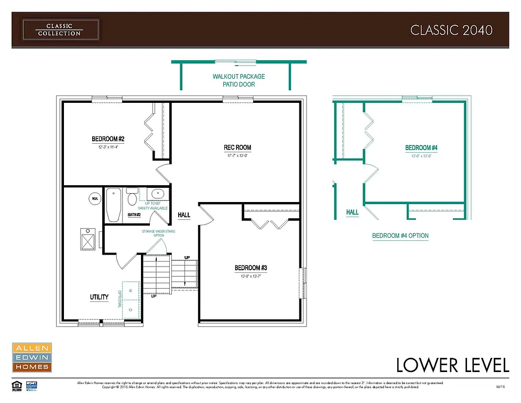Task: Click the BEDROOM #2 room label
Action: click(108, 139)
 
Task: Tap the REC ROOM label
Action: click(237, 147)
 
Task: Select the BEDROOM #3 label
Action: click(251, 268)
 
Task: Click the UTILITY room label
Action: click(99, 297)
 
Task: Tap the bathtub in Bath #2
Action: click(114, 205)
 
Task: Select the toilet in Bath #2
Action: click(132, 199)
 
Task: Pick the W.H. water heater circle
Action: click(95, 199)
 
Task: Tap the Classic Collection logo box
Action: click(60, 29)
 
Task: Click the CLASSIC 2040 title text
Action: click(451, 30)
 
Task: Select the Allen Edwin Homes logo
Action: click(31, 357)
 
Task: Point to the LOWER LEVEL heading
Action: click(452, 365)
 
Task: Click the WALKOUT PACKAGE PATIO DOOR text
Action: click(238, 80)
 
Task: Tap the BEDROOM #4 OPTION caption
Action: click(400, 236)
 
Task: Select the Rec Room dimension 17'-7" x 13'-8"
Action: click(237, 155)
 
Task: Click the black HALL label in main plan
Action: click(184, 215)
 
